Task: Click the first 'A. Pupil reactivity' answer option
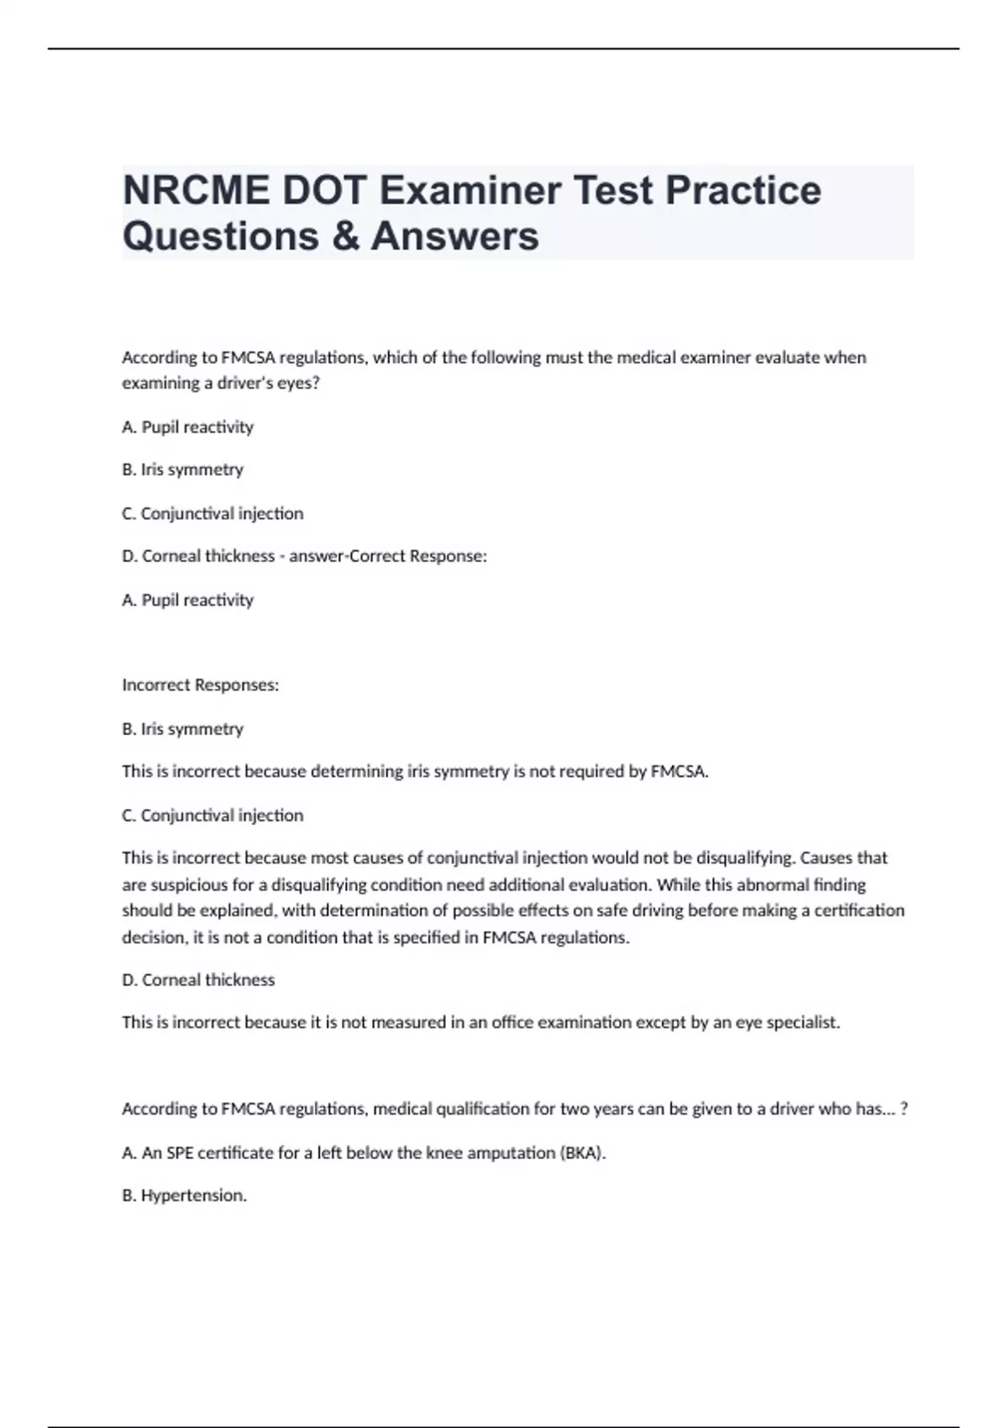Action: tap(187, 427)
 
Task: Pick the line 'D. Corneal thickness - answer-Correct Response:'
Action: tap(304, 556)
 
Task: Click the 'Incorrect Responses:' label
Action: tap(200, 685)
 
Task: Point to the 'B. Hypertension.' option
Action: tap(184, 1195)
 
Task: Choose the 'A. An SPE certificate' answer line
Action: tap(364, 1152)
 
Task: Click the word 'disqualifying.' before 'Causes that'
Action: tap(746, 858)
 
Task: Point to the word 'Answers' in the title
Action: tap(454, 236)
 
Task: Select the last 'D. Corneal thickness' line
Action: tap(198, 979)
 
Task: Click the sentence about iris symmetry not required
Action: tap(415, 771)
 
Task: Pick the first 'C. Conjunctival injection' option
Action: tap(213, 513)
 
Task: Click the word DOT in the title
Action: tap(323, 191)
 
